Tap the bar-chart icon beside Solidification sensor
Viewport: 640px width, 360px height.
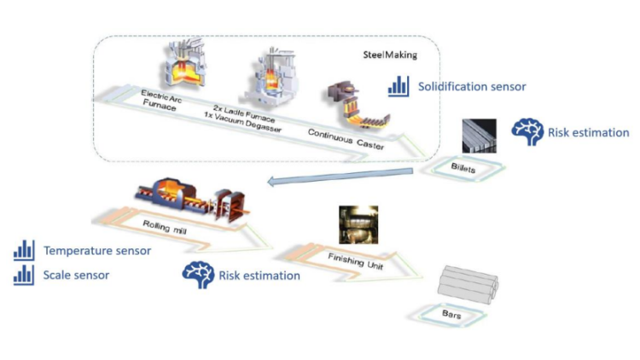pyautogui.click(x=399, y=85)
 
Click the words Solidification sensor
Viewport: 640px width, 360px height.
pyautogui.click(x=472, y=86)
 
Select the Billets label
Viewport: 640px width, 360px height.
pyautogui.click(x=464, y=167)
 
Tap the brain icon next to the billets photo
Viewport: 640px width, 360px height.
pyautogui.click(x=527, y=132)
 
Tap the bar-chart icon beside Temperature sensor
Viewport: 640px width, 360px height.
pyautogui.click(x=24, y=251)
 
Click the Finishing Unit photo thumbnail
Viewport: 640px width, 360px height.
pyautogui.click(x=355, y=224)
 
